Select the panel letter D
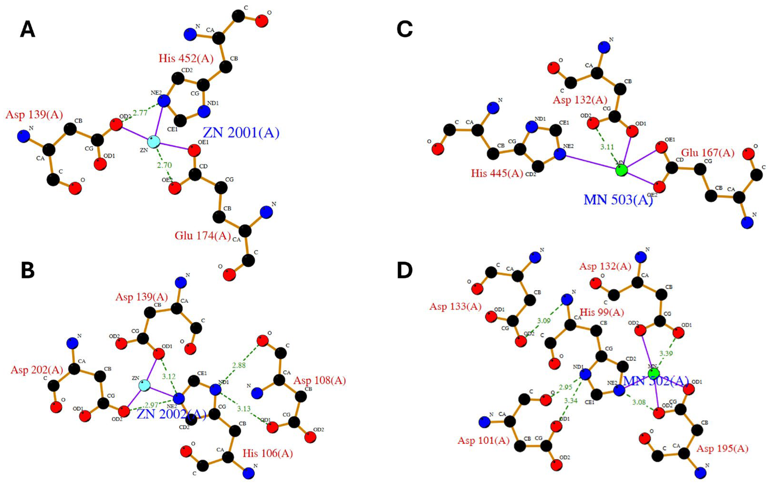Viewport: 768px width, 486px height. pyautogui.click(x=405, y=270)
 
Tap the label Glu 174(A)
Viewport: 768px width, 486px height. pyautogui.click(x=203, y=236)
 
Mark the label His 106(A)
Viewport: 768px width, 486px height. pyautogui.click(x=268, y=454)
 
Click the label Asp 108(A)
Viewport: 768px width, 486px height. pyautogui.click(x=319, y=380)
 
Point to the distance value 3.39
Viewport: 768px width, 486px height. pyautogui.click(x=666, y=353)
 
